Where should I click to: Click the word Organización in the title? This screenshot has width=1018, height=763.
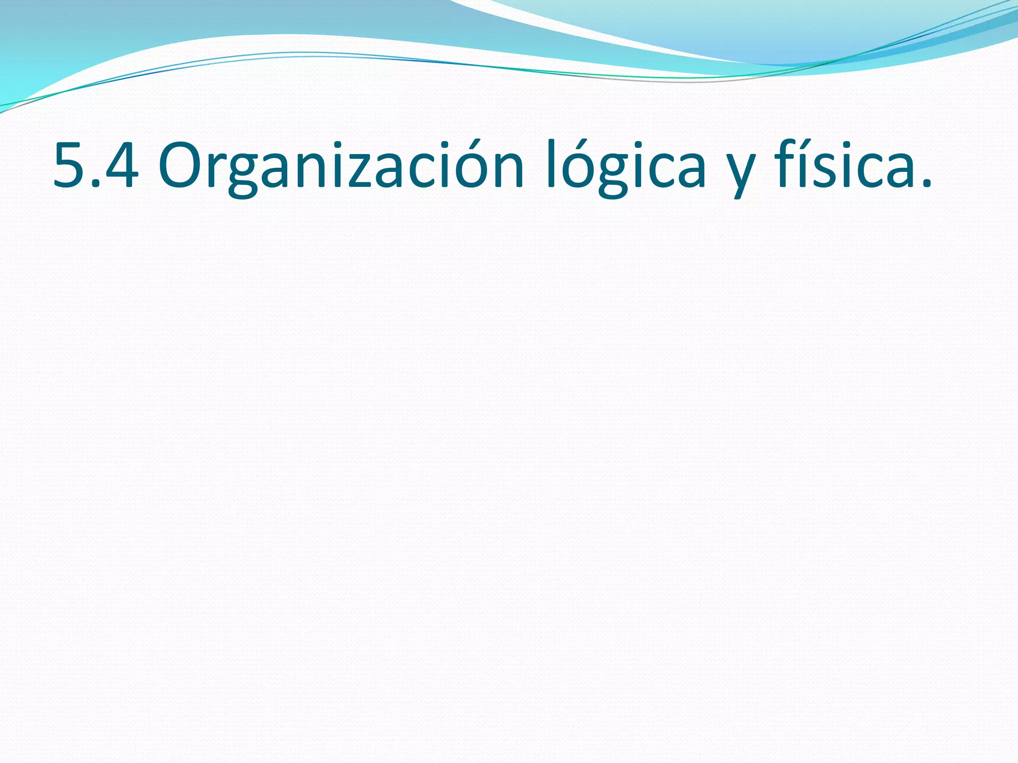(341, 166)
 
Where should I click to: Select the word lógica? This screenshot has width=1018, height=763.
(626, 166)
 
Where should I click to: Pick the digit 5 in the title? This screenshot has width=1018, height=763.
(70, 166)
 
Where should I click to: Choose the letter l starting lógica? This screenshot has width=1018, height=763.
(550, 164)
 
